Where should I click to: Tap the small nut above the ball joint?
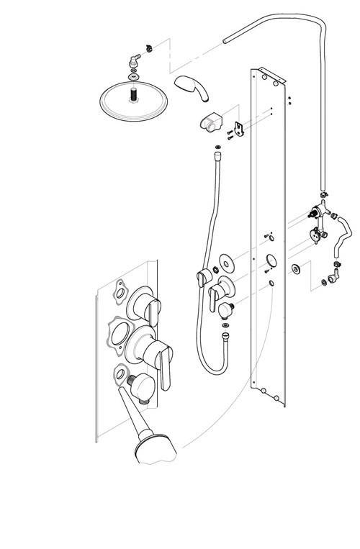click(149, 47)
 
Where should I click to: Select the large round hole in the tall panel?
click(271, 260)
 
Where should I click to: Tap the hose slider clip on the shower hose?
click(203, 275)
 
